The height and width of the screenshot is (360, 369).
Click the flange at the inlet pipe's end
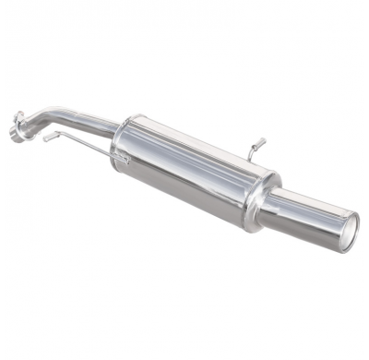18,122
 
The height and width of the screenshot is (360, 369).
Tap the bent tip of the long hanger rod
46,139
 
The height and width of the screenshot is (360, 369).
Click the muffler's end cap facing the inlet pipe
122,143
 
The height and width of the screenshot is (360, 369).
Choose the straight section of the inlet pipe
88,116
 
